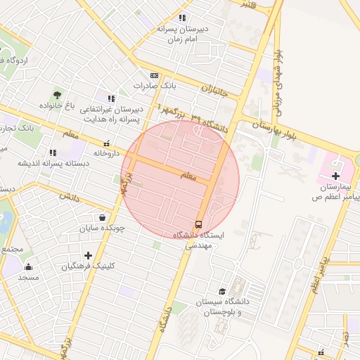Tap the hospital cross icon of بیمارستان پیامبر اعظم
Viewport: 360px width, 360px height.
coord(335,176)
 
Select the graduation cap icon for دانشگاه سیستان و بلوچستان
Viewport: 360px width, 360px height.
coord(222,291)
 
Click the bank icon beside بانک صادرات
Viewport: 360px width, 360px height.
coord(154,75)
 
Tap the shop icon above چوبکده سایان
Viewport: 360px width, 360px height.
coord(103,217)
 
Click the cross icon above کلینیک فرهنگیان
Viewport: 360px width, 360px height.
coord(87,255)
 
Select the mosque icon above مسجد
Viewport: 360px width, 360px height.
coord(29,266)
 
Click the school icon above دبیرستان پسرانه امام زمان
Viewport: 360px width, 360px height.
coord(182,18)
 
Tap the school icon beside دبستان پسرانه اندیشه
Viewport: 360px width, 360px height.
coord(53,152)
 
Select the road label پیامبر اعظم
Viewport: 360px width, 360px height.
coord(319,277)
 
